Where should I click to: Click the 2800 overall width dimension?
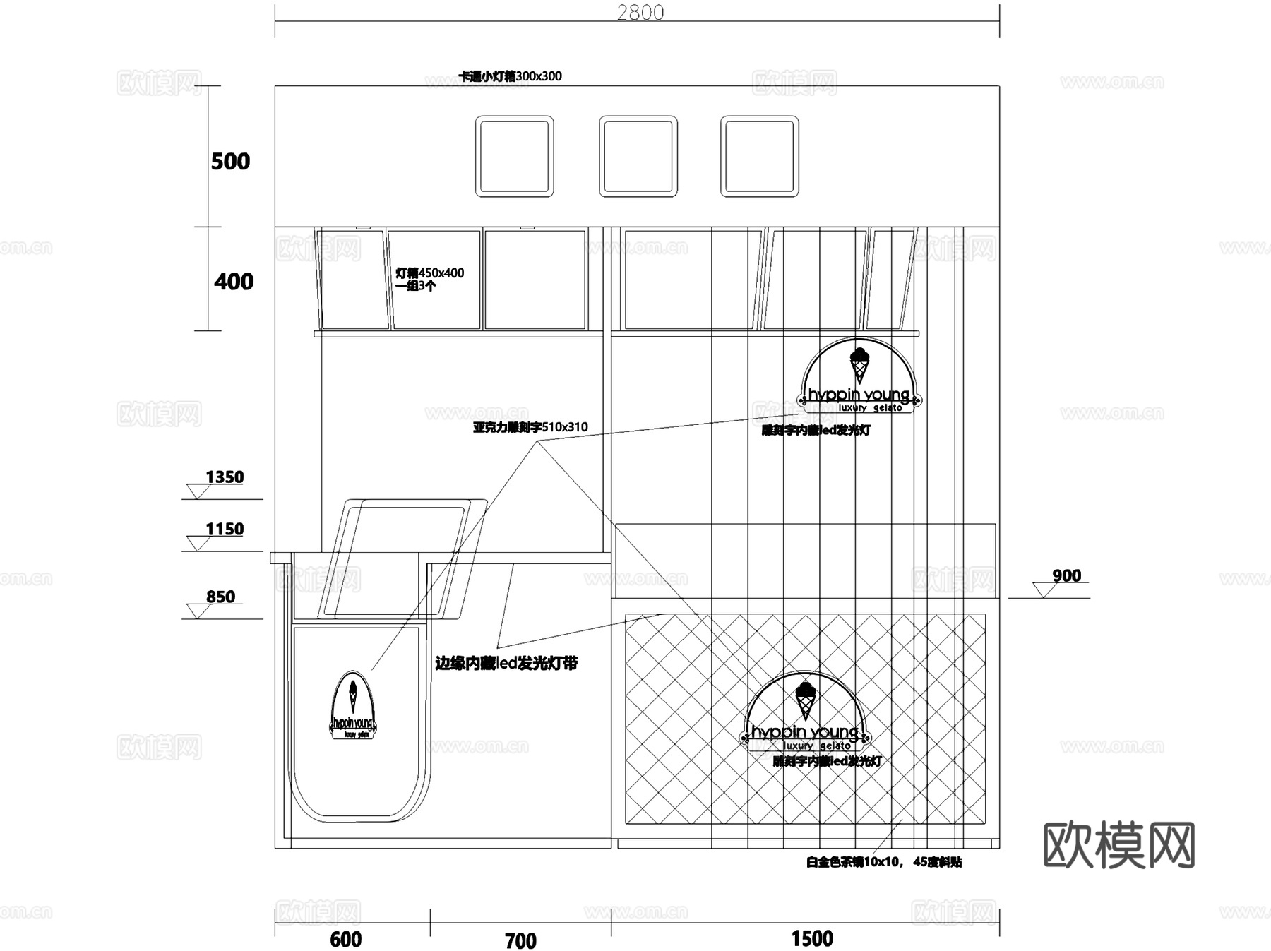coord(640,13)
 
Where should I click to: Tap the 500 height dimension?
coord(230,162)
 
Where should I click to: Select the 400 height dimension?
coord(233,282)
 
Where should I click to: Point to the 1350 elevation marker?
coord(224,478)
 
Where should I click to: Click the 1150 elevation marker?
coord(224,530)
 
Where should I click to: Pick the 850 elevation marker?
coord(220,597)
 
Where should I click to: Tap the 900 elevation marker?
coord(1066,576)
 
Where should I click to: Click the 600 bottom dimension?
coord(345,939)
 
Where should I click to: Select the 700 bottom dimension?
coord(520,940)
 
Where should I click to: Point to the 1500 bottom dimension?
coord(812,938)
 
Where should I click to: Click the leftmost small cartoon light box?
coord(514,156)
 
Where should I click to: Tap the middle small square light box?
coord(638,156)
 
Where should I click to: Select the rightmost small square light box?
coord(759,156)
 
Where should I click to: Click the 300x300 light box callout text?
coord(510,76)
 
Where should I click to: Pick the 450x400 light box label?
coord(429,279)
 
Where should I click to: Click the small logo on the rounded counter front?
coord(352,706)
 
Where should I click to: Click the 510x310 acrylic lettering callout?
coord(530,427)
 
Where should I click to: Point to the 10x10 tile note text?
coord(883,862)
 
